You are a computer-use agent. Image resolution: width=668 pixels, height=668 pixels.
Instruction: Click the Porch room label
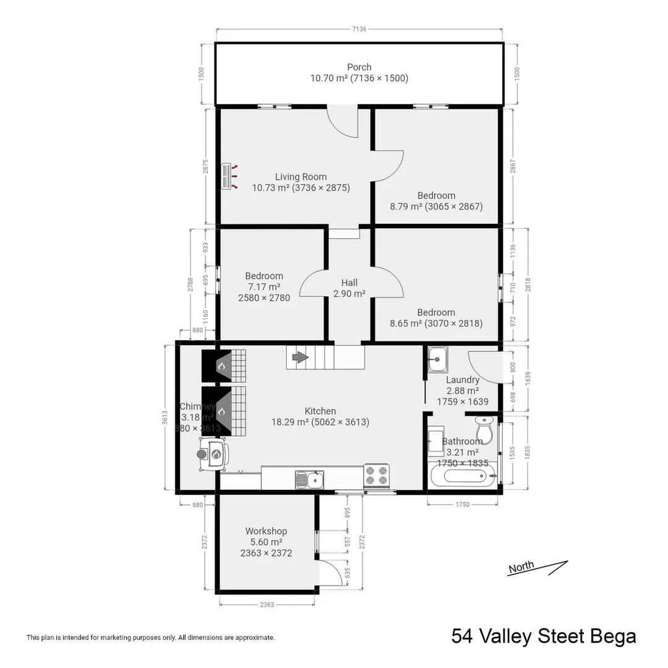click(359, 67)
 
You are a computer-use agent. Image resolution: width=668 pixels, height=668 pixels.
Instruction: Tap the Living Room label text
click(301, 177)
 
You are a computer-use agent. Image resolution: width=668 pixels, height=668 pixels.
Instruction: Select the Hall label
click(349, 283)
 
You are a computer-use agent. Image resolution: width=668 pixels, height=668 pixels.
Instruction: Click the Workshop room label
click(266, 531)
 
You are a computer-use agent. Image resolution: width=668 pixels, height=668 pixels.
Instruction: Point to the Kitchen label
click(320, 411)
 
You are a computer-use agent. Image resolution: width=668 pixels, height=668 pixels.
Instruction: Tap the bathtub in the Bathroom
click(463, 477)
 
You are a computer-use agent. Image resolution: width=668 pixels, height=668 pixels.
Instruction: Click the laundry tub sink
click(438, 358)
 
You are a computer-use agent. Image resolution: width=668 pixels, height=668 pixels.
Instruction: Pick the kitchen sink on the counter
click(309, 479)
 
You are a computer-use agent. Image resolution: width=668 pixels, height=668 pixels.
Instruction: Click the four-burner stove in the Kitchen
click(376, 474)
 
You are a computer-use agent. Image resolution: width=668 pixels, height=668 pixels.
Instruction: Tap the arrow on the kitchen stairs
click(300, 357)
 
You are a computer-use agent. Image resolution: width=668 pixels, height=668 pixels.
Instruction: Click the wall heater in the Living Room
click(227, 176)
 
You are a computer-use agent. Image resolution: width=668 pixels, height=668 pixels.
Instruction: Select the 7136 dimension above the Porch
click(359, 28)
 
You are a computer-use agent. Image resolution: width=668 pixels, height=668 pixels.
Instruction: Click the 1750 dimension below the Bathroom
click(463, 505)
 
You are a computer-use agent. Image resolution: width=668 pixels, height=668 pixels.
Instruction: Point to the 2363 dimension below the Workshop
click(267, 604)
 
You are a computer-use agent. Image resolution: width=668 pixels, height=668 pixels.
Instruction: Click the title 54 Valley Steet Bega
click(543, 636)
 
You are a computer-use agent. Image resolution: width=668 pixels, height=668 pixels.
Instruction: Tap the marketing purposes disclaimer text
click(150, 637)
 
